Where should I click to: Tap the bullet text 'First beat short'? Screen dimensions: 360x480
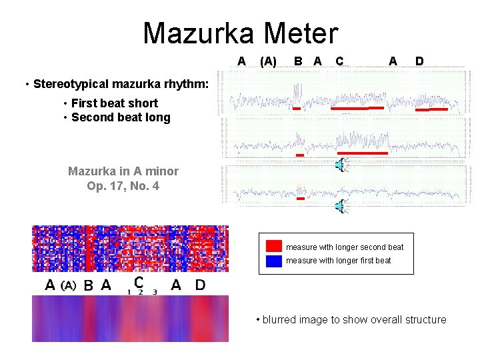(114, 103)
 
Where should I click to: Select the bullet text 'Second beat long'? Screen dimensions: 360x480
(120, 118)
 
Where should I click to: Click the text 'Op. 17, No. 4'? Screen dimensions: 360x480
(123, 186)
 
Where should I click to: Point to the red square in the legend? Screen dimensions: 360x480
(273, 246)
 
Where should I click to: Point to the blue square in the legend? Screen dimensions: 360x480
(273, 261)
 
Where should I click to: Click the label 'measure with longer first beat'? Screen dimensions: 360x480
(338, 261)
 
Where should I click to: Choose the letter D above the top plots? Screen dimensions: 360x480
(419, 61)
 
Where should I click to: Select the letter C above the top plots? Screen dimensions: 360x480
(339, 61)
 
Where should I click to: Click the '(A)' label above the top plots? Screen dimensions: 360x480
(268, 61)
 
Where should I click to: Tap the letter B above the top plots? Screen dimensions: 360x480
(299, 61)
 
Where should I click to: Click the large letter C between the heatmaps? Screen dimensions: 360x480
(139, 283)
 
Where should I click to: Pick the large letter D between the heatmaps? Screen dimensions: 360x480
(200, 285)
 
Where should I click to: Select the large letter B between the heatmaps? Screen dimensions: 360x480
(88, 286)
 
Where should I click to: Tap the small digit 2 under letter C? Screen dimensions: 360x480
(140, 292)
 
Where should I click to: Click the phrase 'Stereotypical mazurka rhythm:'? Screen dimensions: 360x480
(121, 85)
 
